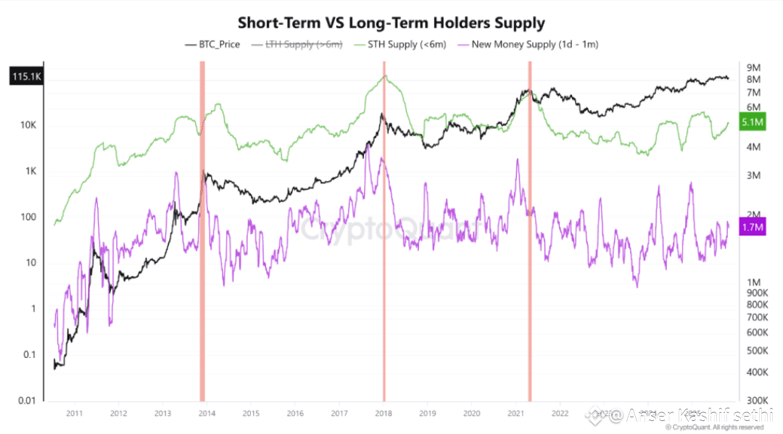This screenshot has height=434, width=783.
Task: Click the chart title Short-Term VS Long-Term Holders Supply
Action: click(391, 22)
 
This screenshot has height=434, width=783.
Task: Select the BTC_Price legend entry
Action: click(218, 44)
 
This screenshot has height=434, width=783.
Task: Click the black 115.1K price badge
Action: click(26, 77)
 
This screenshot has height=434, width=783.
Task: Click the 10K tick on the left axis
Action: click(28, 125)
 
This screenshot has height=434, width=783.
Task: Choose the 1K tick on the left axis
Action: click(30, 172)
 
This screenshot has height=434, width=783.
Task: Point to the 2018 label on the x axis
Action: click(384, 414)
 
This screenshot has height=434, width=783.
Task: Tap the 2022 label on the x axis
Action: click(560, 414)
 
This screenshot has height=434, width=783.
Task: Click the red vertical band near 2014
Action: click(202, 232)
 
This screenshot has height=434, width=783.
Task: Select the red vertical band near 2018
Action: click(384, 232)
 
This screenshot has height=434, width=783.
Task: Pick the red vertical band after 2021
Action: click(530, 232)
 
